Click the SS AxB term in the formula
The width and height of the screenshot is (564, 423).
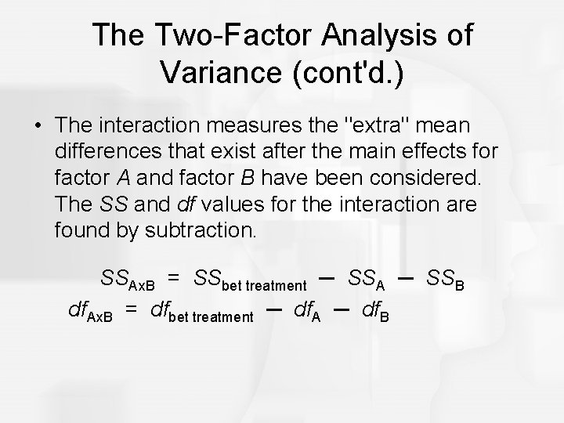point(128,278)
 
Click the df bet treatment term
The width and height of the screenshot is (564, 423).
point(201,313)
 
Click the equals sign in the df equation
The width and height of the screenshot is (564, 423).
point(133,311)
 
